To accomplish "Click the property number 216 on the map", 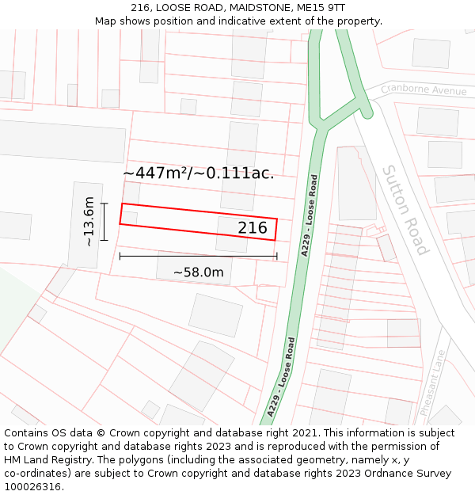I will [x=253, y=228].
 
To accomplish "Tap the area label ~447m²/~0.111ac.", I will [x=199, y=173].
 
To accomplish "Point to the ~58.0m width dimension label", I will [x=198, y=272].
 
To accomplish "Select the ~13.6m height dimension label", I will [x=89, y=221].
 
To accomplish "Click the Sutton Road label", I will [x=405, y=210].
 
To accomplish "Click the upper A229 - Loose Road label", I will [x=310, y=215].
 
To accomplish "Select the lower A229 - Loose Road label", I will [x=282, y=377].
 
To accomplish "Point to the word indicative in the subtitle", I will [x=240, y=21].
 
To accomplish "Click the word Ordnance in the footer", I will [x=375, y=474].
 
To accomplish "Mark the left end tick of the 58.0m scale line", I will [x=120, y=256].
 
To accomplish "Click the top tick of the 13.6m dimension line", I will [x=104, y=204].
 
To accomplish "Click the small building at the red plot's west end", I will [x=129, y=218].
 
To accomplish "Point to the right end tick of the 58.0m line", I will [x=277, y=256].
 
